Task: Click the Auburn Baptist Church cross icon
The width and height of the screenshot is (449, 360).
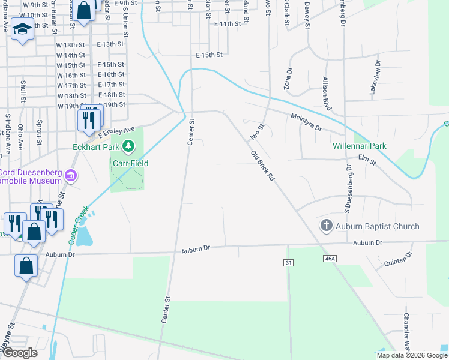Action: (326, 226)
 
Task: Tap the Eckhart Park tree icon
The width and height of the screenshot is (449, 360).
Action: (128, 145)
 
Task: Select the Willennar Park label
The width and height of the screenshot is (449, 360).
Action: (360, 146)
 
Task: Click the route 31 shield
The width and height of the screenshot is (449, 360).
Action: (289, 263)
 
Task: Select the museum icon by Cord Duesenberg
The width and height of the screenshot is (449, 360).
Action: (71, 175)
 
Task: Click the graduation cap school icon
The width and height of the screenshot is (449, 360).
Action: (23, 29)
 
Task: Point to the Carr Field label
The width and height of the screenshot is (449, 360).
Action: (130, 163)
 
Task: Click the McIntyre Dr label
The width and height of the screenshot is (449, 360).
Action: (306, 122)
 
